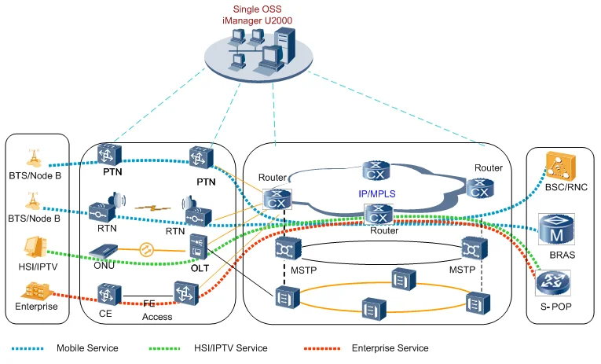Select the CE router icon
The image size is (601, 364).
click(107, 295)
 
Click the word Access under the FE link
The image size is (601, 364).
click(157, 318)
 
